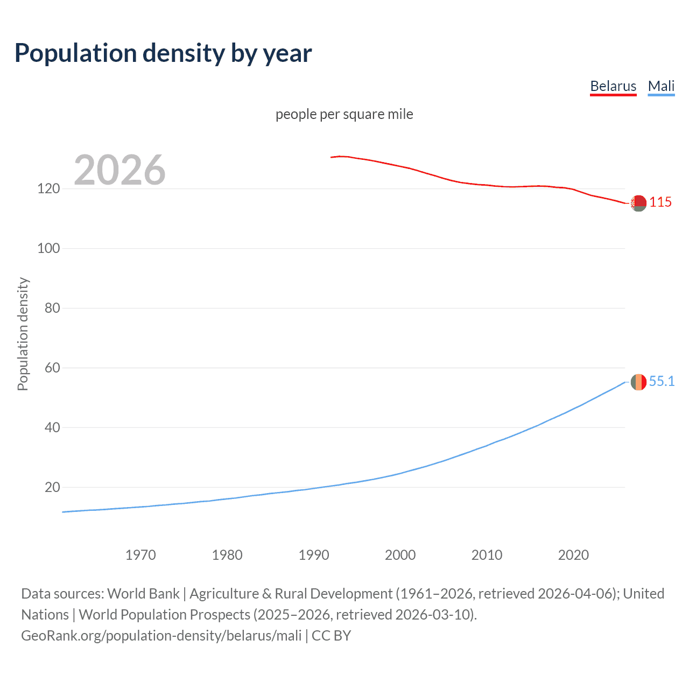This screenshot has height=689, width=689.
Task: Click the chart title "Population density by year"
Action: pyautogui.click(x=163, y=53)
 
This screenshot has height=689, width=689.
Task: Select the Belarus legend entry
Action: pyautogui.click(x=613, y=86)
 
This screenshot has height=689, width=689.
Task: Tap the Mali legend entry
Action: pyautogui.click(x=661, y=86)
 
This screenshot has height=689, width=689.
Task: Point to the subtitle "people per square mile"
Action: pyautogui.click(x=344, y=114)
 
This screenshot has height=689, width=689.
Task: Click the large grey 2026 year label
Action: pyautogui.click(x=119, y=170)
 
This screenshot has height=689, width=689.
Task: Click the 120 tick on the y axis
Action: pyautogui.click(x=48, y=189)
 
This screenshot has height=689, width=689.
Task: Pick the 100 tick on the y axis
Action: pyautogui.click(x=48, y=249)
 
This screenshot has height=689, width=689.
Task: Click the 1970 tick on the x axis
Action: pyautogui.click(x=140, y=555)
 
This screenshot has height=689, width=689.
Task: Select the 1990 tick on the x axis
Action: pyautogui.click(x=314, y=555)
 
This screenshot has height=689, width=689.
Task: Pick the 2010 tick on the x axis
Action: pyautogui.click(x=487, y=555)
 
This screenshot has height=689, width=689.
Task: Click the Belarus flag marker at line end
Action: pyautogui.click(x=638, y=203)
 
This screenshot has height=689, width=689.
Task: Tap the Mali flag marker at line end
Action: pyautogui.click(x=638, y=382)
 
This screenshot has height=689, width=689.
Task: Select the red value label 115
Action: pyautogui.click(x=660, y=202)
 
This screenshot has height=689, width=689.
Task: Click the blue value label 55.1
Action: pyautogui.click(x=662, y=382)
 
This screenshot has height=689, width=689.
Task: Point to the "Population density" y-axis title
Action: pyautogui.click(x=23, y=334)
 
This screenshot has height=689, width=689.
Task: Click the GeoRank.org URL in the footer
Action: pyautogui.click(x=161, y=636)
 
